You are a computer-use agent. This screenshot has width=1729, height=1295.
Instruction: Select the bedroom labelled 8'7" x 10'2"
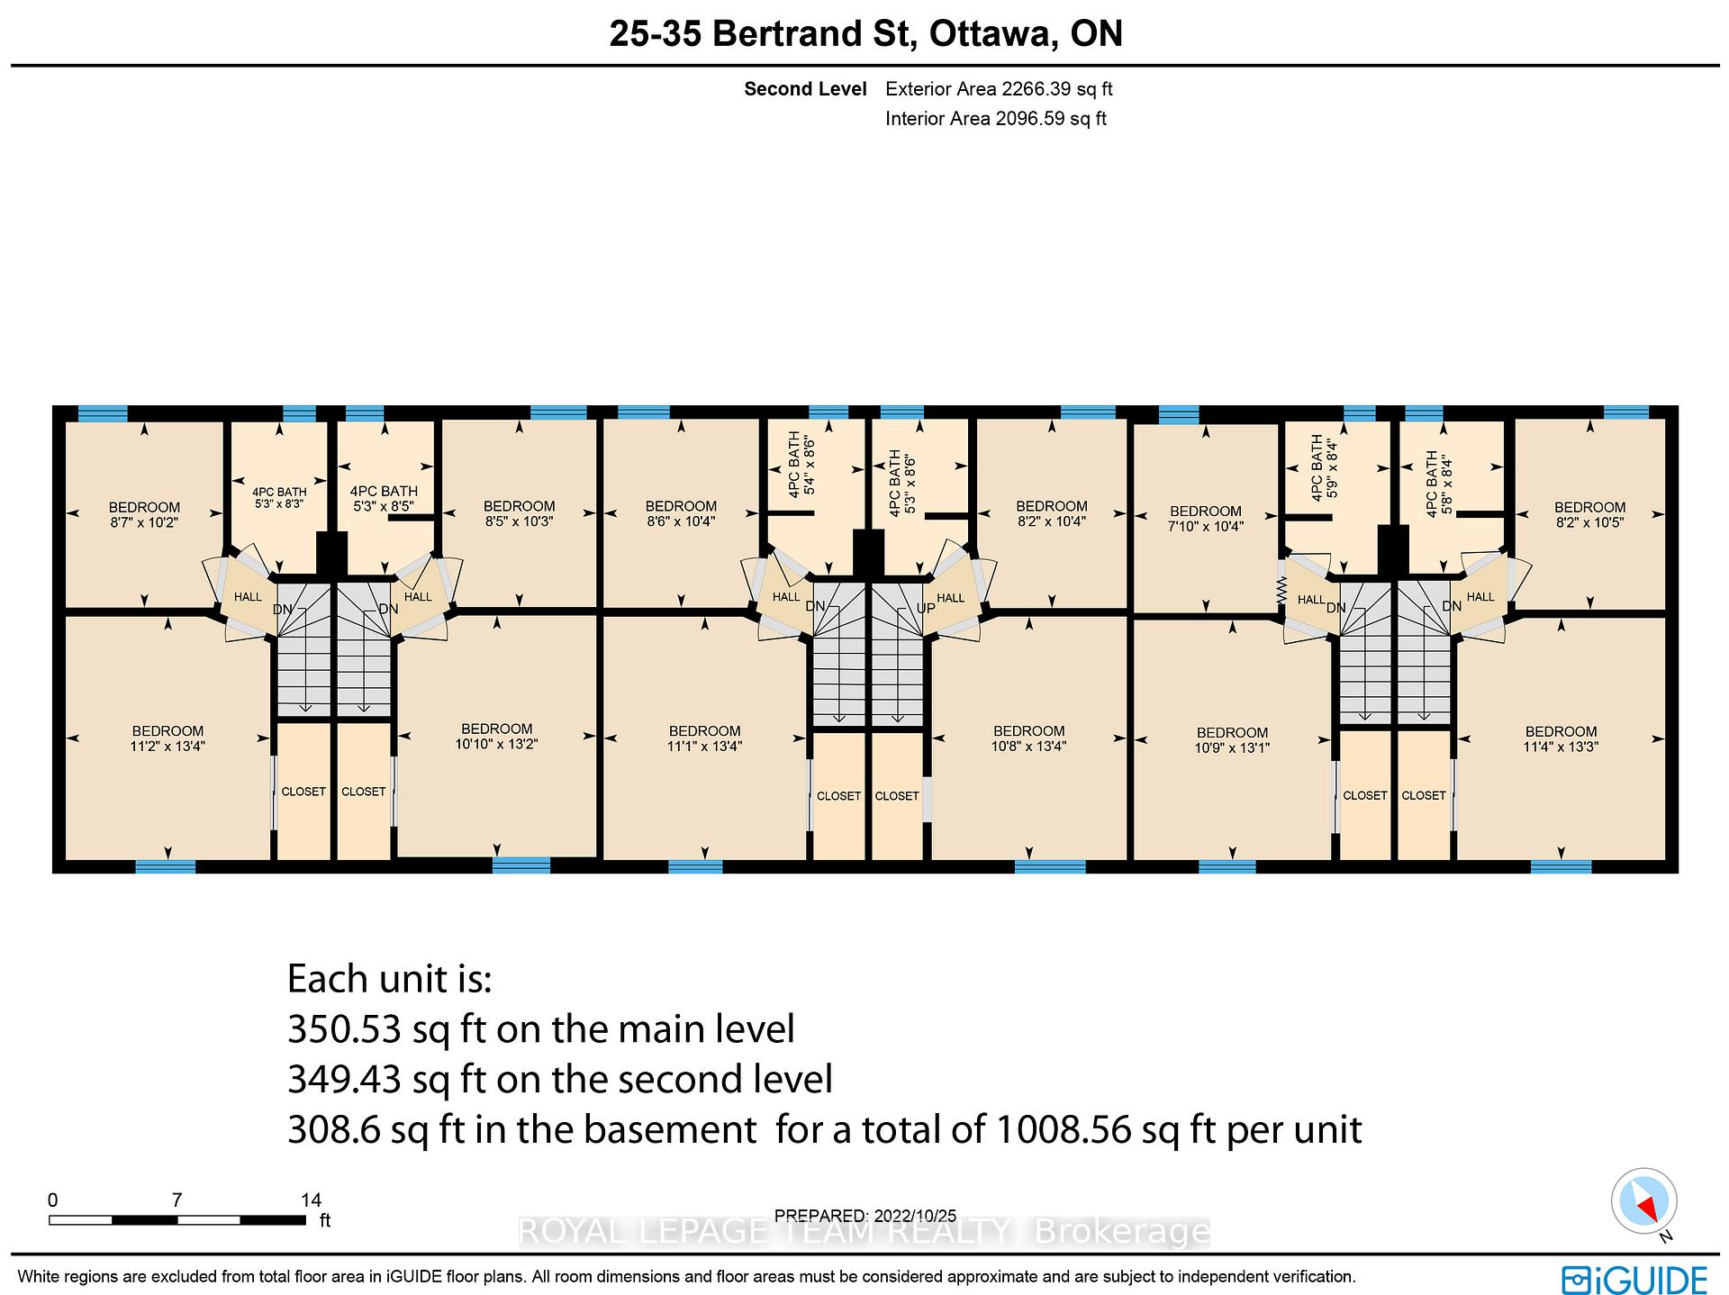coord(144,514)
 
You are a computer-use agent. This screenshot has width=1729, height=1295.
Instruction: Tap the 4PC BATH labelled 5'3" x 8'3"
coord(279,498)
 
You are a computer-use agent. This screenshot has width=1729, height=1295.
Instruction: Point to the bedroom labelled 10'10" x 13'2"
coord(496,736)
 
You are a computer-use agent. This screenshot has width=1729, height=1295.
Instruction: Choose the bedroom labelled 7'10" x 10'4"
coord(1205,519)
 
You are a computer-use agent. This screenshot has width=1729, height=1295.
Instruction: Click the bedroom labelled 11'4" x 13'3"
coord(1561,738)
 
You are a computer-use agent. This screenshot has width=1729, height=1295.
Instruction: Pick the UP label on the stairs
coord(926,608)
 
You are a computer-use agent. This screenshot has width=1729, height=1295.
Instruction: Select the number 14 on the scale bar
coord(311,1200)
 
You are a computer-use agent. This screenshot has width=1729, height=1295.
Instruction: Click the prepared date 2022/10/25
coord(922,1215)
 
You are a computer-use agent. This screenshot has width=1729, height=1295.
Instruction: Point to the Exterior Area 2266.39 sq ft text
coord(999,89)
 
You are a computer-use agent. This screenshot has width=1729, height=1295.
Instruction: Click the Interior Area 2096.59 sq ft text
coord(996,118)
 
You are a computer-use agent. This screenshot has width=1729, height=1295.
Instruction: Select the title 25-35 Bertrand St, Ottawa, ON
coord(866,33)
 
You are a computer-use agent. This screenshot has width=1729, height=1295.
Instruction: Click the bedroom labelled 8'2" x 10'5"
coord(1589,514)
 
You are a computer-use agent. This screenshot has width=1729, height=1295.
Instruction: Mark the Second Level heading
coord(805,89)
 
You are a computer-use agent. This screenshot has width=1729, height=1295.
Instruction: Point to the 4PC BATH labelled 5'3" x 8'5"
coord(384,498)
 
